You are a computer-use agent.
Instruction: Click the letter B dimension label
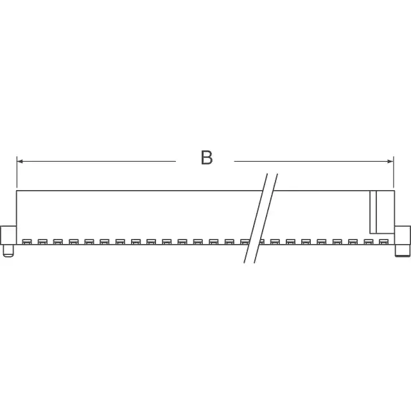click(x=207, y=157)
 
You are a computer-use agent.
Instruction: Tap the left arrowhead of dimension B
click(x=20, y=161)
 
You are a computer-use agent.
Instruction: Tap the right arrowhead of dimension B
click(x=390, y=161)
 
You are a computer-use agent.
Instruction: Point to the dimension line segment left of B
click(x=96, y=161)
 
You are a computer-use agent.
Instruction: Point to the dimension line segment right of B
click(x=313, y=161)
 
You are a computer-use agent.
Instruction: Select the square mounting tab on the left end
click(x=8, y=236)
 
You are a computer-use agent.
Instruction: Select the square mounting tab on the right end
click(x=403, y=236)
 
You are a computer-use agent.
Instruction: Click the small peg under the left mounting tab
click(x=8, y=251)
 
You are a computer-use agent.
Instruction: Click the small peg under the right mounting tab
click(x=403, y=251)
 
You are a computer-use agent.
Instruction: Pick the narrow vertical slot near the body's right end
click(x=373, y=212)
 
